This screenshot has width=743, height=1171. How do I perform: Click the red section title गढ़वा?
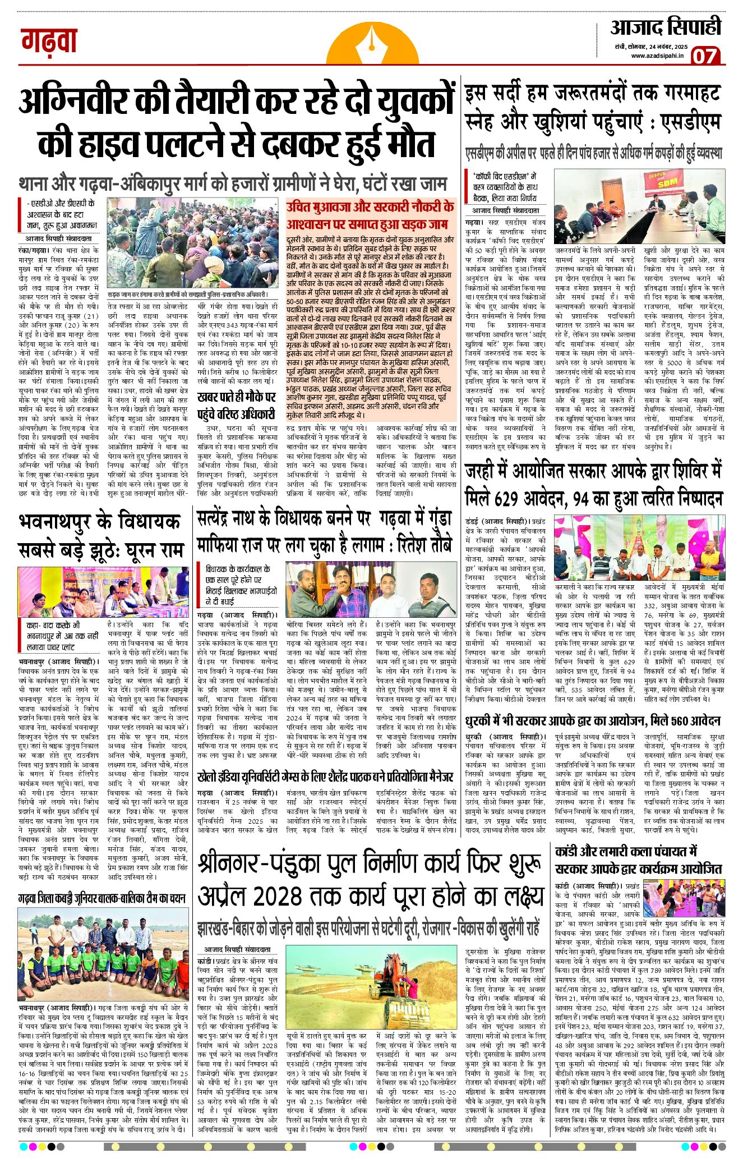[x=49, y=42]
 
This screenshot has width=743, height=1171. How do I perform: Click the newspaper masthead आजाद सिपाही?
[x=665, y=27]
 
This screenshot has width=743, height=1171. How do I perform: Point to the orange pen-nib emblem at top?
[x=372, y=45]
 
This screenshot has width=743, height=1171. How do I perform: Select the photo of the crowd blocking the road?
[x=192, y=244]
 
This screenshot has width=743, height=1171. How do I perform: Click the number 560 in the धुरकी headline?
[x=663, y=720]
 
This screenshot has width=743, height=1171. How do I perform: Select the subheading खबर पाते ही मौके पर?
[x=236, y=397]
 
